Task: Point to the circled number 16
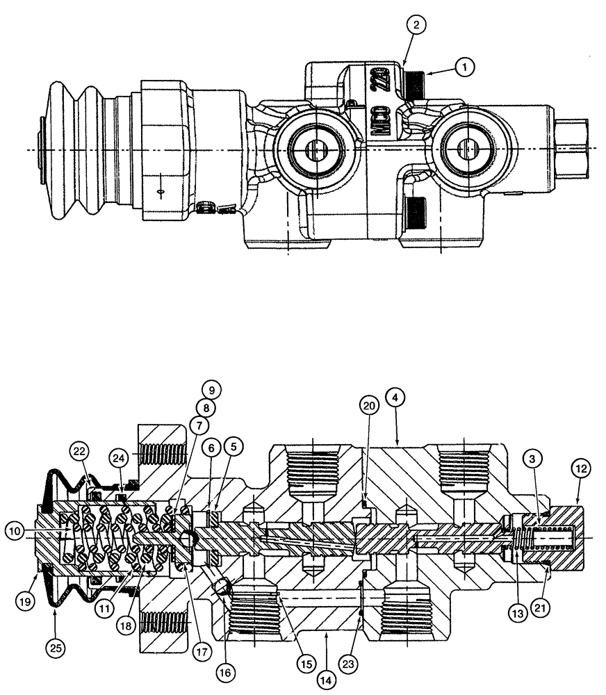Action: pyautogui.click(x=225, y=672)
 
